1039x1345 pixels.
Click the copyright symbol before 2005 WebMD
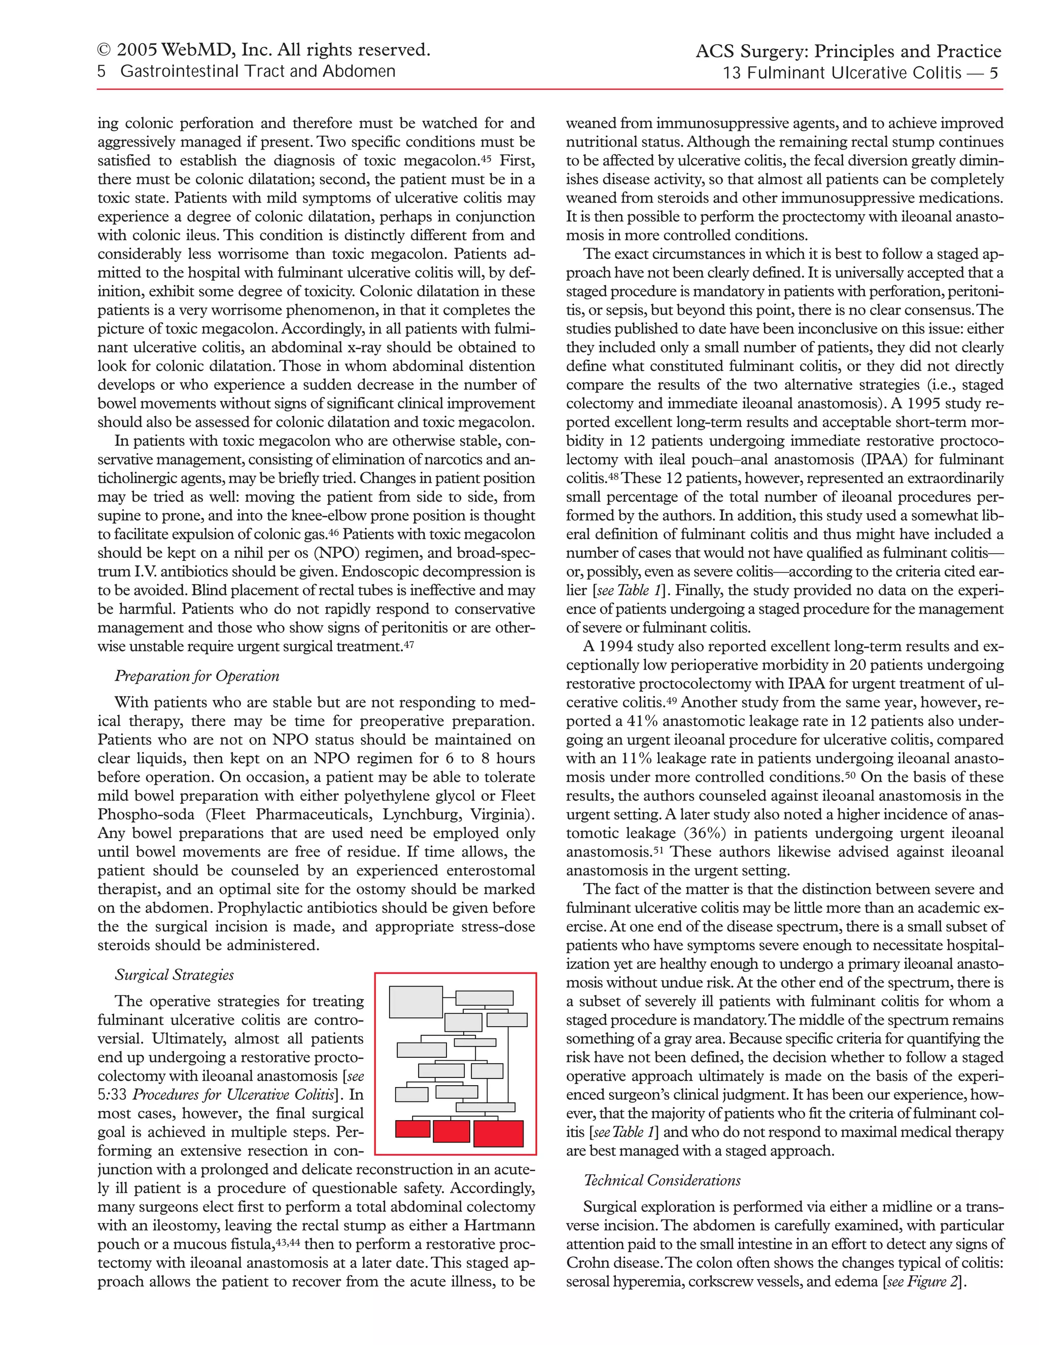pyautogui.click(x=105, y=50)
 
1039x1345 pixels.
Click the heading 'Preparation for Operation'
pyautogui.click(x=197, y=676)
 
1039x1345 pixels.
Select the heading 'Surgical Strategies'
pyautogui.click(x=174, y=975)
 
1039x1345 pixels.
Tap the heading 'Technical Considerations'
pyautogui.click(x=662, y=1181)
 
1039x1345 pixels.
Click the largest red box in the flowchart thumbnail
pyautogui.click(x=498, y=1134)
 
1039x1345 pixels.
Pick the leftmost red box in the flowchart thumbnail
pyautogui.click(x=412, y=1129)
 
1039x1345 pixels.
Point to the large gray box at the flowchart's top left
pyautogui.click(x=416, y=1002)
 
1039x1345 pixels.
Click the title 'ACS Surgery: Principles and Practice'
pyautogui.click(x=848, y=51)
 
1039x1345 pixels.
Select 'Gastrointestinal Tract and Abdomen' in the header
pyautogui.click(x=258, y=72)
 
